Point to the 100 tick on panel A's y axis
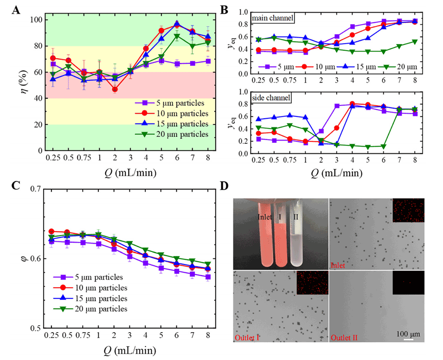pyautogui.click(x=34, y=20)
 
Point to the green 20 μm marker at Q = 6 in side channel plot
pyautogui.click(x=384, y=147)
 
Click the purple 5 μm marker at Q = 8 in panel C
pyautogui.click(x=208, y=277)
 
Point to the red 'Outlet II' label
pyautogui.click(x=347, y=338)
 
